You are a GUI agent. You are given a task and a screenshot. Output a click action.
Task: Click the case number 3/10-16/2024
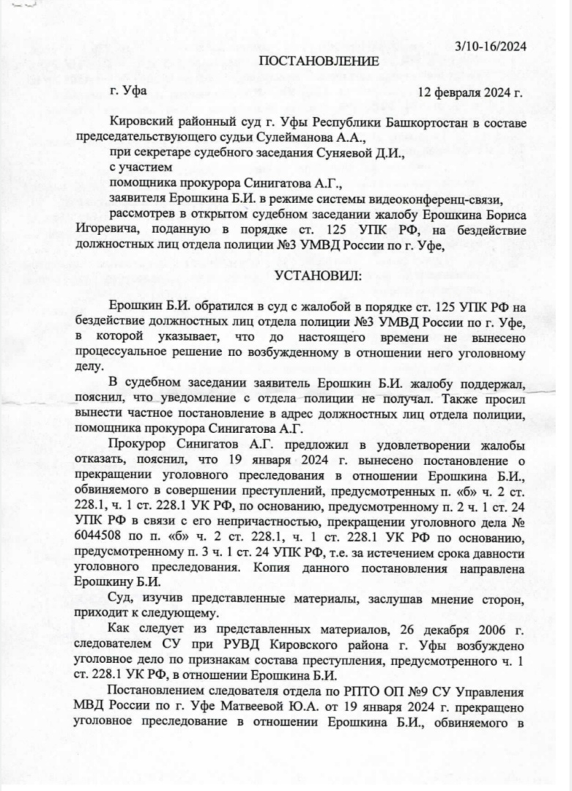pos(491,45)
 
